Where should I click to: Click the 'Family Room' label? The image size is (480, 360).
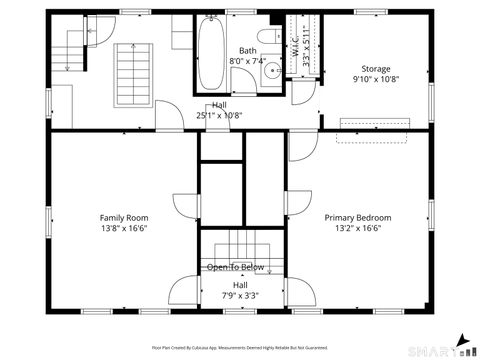(123, 217)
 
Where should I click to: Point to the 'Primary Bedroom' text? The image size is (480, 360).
(358, 217)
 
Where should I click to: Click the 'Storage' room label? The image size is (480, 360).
(376, 70)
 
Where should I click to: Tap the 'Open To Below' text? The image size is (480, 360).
(236, 267)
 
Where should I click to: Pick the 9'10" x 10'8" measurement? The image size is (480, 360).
(376, 81)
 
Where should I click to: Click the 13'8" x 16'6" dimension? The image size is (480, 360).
(123, 228)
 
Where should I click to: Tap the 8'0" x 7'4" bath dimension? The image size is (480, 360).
(247, 61)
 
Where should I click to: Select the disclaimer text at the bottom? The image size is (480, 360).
(239, 348)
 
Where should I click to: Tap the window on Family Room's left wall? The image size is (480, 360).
(47, 218)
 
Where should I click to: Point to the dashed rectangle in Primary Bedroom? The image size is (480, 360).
(375, 124)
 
